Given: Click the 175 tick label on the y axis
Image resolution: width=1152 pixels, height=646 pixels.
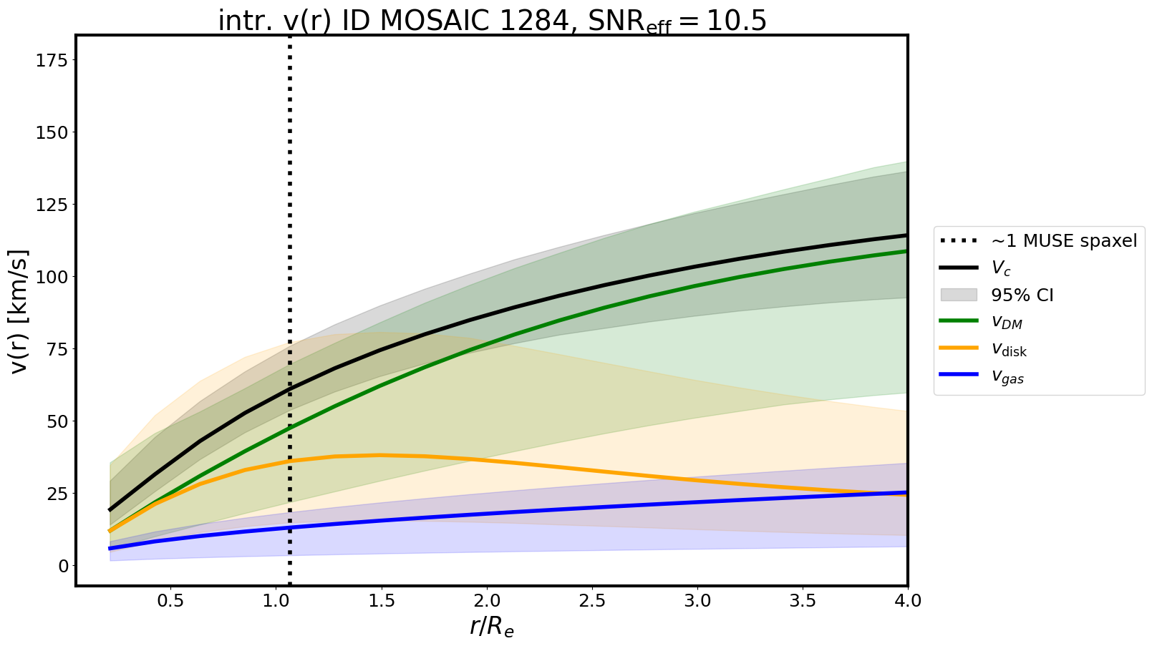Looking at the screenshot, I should click(52, 61).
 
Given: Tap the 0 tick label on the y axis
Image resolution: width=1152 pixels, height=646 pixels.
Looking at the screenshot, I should click(63, 566).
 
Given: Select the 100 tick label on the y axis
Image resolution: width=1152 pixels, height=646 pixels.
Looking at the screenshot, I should click(52, 277).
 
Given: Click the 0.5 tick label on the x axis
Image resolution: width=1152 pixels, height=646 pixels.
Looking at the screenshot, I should click(170, 601).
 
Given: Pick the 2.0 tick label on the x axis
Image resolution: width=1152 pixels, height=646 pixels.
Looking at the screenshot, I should click(487, 601).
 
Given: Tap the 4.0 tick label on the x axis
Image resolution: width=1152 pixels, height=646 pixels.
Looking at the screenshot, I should click(907, 601).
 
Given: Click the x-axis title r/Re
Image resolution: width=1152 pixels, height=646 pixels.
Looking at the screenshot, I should click(492, 627).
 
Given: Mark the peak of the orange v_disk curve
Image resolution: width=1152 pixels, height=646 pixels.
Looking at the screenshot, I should click(379, 455).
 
